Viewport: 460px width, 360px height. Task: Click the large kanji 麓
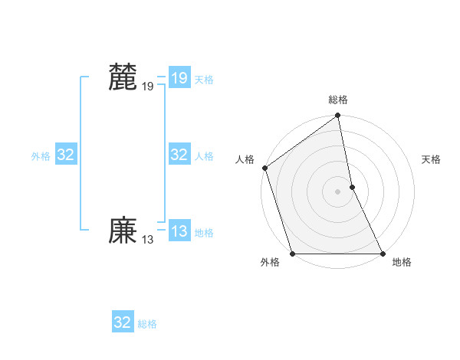click(123, 78)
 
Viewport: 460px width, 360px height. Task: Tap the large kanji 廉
click(123, 231)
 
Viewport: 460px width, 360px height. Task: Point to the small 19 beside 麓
click(147, 87)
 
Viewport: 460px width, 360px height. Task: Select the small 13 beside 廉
click(147, 240)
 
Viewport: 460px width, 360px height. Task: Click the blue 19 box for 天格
click(179, 78)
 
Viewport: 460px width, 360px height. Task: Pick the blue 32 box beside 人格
click(179, 155)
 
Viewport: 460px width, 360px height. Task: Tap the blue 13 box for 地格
click(179, 231)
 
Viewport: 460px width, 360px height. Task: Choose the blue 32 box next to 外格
click(66, 155)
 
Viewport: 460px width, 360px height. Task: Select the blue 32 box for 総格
click(123, 322)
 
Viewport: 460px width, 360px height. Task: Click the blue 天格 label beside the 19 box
click(204, 80)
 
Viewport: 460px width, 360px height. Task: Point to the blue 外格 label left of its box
click(41, 156)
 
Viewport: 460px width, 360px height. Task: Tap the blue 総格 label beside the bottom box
click(147, 324)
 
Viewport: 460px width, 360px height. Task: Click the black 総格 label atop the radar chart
click(338, 100)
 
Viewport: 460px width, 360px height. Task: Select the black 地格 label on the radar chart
click(402, 262)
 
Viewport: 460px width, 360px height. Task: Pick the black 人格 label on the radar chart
click(245, 159)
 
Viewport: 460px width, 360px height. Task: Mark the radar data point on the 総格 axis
click(338, 116)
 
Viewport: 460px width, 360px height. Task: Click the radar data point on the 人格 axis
click(265, 168)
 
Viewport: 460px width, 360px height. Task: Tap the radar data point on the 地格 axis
click(383, 254)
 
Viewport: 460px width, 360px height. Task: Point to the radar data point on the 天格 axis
click(353, 186)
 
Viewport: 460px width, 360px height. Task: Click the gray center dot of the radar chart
click(338, 191)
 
